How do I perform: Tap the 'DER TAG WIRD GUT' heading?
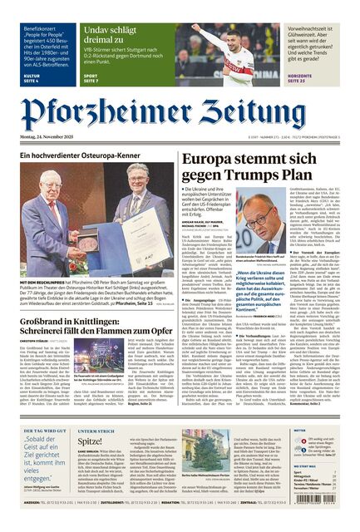(43, 431)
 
